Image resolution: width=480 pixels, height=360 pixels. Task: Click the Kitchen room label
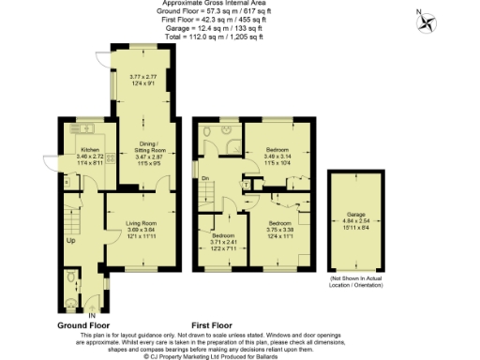click(90, 148)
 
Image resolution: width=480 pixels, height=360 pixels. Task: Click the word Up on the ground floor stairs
click(68, 239)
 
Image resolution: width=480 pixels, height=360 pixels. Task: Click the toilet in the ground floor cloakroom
click(73, 278)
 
